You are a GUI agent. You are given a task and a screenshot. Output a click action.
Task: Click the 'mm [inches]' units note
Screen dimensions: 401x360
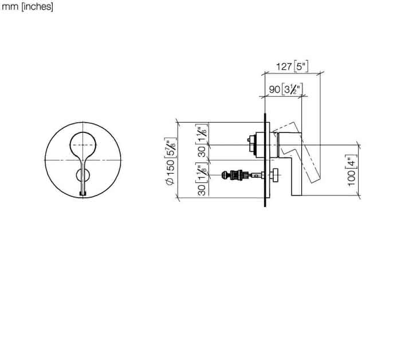[x=27, y=7]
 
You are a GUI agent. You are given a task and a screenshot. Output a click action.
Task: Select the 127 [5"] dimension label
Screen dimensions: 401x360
[x=292, y=66]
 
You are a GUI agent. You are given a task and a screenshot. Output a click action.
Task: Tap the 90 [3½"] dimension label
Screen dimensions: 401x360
[x=286, y=89]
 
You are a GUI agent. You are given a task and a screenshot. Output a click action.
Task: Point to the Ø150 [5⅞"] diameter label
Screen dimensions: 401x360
[x=171, y=161]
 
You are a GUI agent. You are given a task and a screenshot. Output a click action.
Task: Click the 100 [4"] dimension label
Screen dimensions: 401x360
[x=352, y=171]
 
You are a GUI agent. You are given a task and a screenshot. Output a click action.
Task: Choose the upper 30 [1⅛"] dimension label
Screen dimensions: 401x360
[x=202, y=140]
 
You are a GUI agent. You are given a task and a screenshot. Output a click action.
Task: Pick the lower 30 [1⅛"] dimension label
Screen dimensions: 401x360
[x=202, y=179]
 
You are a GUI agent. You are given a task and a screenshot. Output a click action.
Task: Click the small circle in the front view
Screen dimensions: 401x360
[x=83, y=175]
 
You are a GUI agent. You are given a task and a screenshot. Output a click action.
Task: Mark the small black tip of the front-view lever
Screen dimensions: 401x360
[x=82, y=194]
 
